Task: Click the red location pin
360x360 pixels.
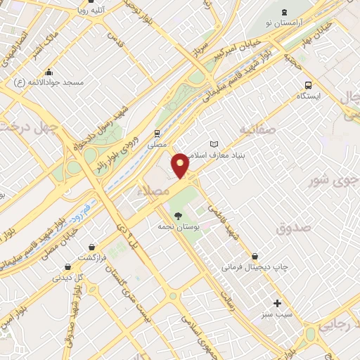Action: (x=181, y=165)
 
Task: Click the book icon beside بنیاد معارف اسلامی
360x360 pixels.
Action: (x=214, y=144)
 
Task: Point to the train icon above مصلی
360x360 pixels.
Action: (x=157, y=131)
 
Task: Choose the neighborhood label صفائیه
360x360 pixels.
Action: (x=255, y=130)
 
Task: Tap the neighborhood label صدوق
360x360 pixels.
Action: (x=293, y=228)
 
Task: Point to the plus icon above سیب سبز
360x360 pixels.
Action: (x=278, y=304)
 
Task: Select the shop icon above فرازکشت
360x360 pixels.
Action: (x=91, y=246)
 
